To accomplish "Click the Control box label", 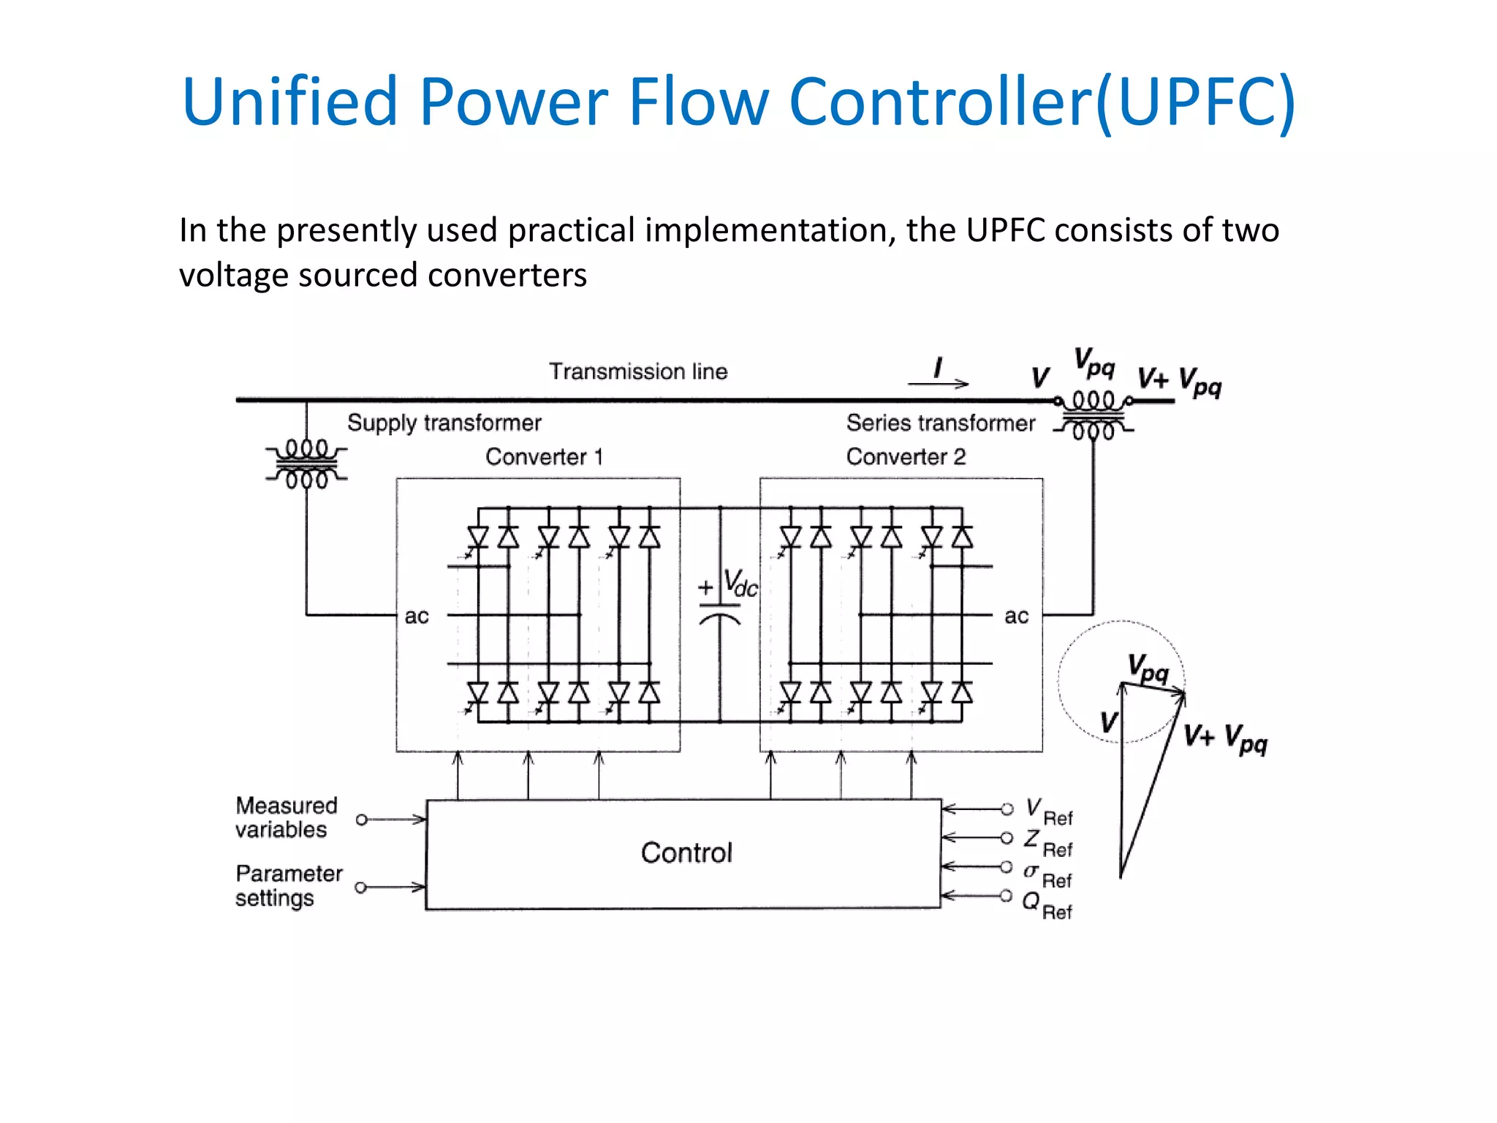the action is pos(686,852).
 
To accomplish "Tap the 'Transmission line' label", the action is pos(638,371).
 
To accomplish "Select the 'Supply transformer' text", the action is pos(444,423).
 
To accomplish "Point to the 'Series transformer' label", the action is pos(941,423).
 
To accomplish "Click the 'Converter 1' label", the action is pos(545,457).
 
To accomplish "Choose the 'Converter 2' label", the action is pos(906,457).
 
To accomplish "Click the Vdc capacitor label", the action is pos(740,583).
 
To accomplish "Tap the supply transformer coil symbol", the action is pos(306,464).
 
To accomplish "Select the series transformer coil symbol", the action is pos(1094,415).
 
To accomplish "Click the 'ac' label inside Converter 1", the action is pos(417,616).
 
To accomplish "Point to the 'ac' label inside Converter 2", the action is pos(1016,616).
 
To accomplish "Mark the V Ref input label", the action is pos(1049,812).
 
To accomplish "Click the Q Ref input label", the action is pos(1047,906).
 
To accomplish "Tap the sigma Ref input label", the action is pos(1047,875).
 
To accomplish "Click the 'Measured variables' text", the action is pos(286,817).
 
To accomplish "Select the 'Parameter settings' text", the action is pos(289,886).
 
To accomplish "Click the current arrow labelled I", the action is pos(939,382).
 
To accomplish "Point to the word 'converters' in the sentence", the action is pos(507,276).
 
